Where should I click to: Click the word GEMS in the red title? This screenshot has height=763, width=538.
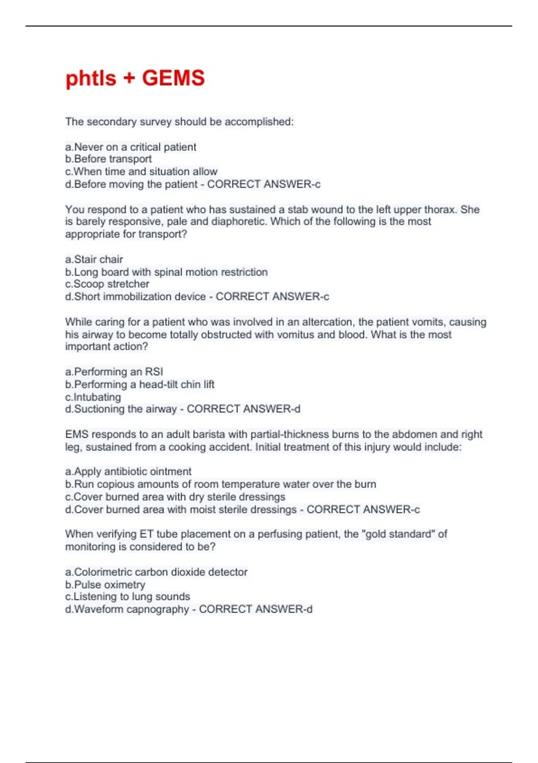(173, 78)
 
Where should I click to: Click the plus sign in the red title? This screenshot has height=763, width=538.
(129, 79)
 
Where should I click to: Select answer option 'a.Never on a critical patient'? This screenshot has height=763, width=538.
(130, 147)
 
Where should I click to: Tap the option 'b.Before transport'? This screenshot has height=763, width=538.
(108, 159)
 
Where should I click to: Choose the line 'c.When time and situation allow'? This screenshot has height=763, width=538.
(141, 171)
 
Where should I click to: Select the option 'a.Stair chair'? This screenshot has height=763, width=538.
(94, 259)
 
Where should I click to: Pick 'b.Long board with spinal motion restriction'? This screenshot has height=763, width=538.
(166, 272)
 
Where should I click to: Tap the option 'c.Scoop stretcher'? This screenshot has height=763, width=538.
(107, 284)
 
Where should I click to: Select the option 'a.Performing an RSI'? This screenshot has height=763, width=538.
(114, 372)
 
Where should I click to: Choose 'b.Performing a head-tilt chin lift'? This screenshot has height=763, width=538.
(140, 385)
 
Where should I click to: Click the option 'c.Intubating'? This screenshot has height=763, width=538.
(93, 397)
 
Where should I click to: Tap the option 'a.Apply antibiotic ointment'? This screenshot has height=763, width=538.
(128, 472)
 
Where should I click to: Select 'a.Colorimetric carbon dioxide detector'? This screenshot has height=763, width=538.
(156, 572)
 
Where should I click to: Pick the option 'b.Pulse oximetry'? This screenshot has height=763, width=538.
(105, 585)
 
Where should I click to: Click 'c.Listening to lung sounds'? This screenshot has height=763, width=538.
(128, 597)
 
